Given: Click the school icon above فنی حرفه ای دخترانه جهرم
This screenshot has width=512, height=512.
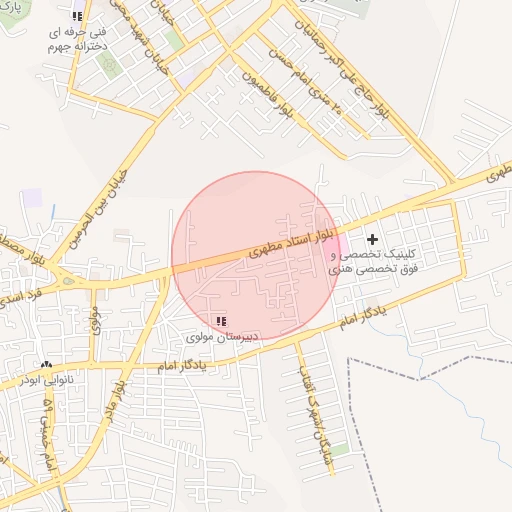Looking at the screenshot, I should tap(78, 17).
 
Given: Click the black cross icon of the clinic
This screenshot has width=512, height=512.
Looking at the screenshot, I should tap(373, 239).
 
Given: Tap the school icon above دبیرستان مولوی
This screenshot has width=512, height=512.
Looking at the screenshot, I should tap(221, 321).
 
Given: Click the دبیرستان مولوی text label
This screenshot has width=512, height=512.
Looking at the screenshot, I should tap(221, 337).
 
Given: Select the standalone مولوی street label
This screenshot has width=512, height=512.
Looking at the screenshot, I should tap(96, 320).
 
